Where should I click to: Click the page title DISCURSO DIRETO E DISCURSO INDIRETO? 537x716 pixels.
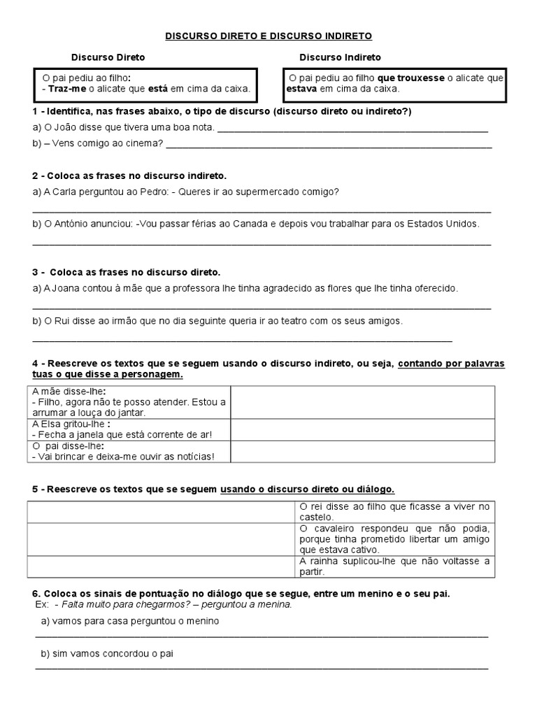[x=269, y=34]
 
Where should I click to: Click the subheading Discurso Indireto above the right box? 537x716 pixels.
[x=341, y=57]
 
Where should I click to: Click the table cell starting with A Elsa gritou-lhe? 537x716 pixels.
[x=129, y=429]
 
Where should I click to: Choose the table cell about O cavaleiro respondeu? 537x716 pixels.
[x=394, y=539]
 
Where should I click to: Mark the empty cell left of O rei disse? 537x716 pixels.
[x=159, y=512]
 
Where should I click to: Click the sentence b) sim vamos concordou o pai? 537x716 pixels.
[x=106, y=654]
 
